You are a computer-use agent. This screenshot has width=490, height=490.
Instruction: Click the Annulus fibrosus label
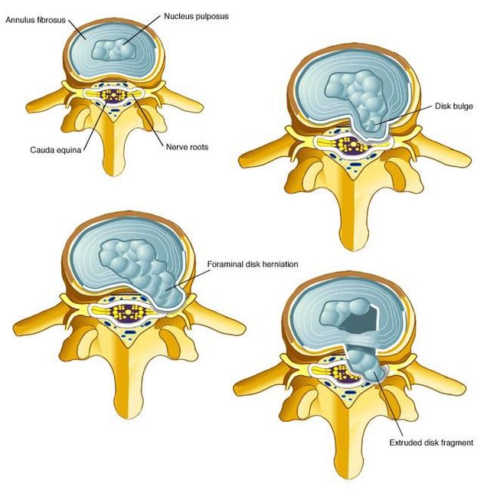pyautogui.click(x=36, y=21)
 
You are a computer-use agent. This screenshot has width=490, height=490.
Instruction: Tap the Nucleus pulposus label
pyautogui.click(x=196, y=16)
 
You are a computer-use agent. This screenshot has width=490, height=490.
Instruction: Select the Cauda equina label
pyautogui.click(x=56, y=150)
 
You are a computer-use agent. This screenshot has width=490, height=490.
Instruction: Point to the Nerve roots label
pyautogui.click(x=187, y=147)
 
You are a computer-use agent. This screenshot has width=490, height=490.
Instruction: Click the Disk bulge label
pyautogui.click(x=454, y=106)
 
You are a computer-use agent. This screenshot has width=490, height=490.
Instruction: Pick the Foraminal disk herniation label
pyautogui.click(x=253, y=264)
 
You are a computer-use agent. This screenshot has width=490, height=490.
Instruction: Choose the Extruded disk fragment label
pyautogui.click(x=431, y=443)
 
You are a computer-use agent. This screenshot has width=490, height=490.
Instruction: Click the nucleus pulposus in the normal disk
pyautogui.click(x=114, y=49)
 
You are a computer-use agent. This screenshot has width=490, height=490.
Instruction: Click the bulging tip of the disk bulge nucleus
pyautogui.click(x=371, y=126)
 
